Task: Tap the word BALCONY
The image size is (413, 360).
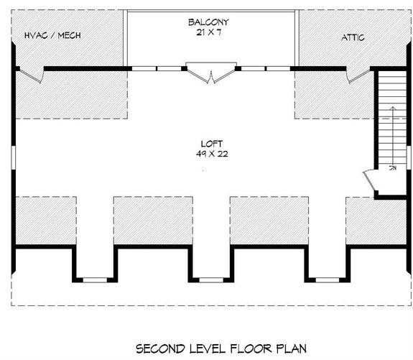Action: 209,22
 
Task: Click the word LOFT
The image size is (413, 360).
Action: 209,141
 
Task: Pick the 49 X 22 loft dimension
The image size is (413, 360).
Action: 209,153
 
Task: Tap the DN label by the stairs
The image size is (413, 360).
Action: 393,168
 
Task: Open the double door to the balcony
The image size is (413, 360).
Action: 210,73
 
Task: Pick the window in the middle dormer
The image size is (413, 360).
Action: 209,277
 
